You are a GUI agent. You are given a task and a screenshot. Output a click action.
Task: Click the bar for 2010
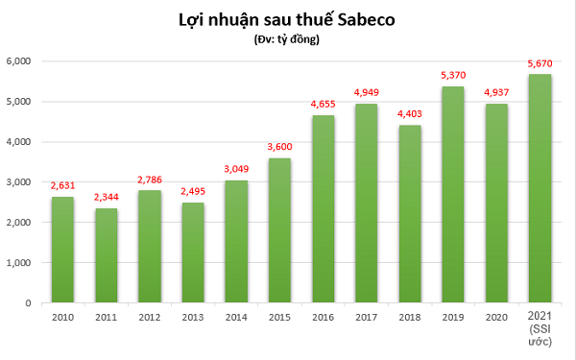tap(62, 250)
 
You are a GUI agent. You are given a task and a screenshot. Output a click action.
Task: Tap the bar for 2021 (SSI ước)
tap(540, 188)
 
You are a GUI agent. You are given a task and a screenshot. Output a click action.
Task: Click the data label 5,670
tap(540, 64)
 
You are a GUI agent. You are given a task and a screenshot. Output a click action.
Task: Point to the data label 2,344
tap(107, 199)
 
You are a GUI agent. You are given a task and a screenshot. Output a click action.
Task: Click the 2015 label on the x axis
tap(279, 318)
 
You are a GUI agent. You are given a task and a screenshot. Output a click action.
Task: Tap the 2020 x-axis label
tap(496, 318)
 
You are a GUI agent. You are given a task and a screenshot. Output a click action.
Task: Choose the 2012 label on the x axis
tap(150, 318)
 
